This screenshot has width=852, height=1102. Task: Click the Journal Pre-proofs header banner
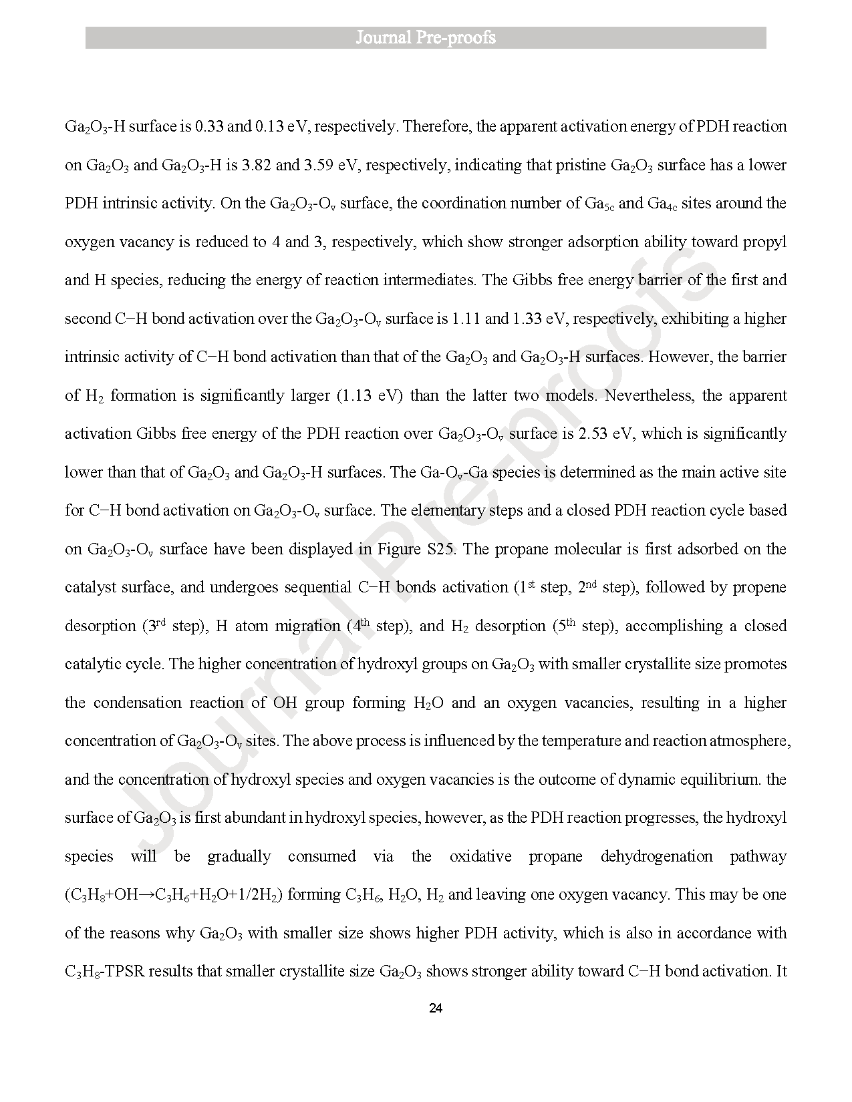pos(426,37)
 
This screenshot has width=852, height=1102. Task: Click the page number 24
pos(435,1008)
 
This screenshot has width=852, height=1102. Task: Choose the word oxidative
pos(480,856)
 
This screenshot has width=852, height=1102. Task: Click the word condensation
pos(136,703)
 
